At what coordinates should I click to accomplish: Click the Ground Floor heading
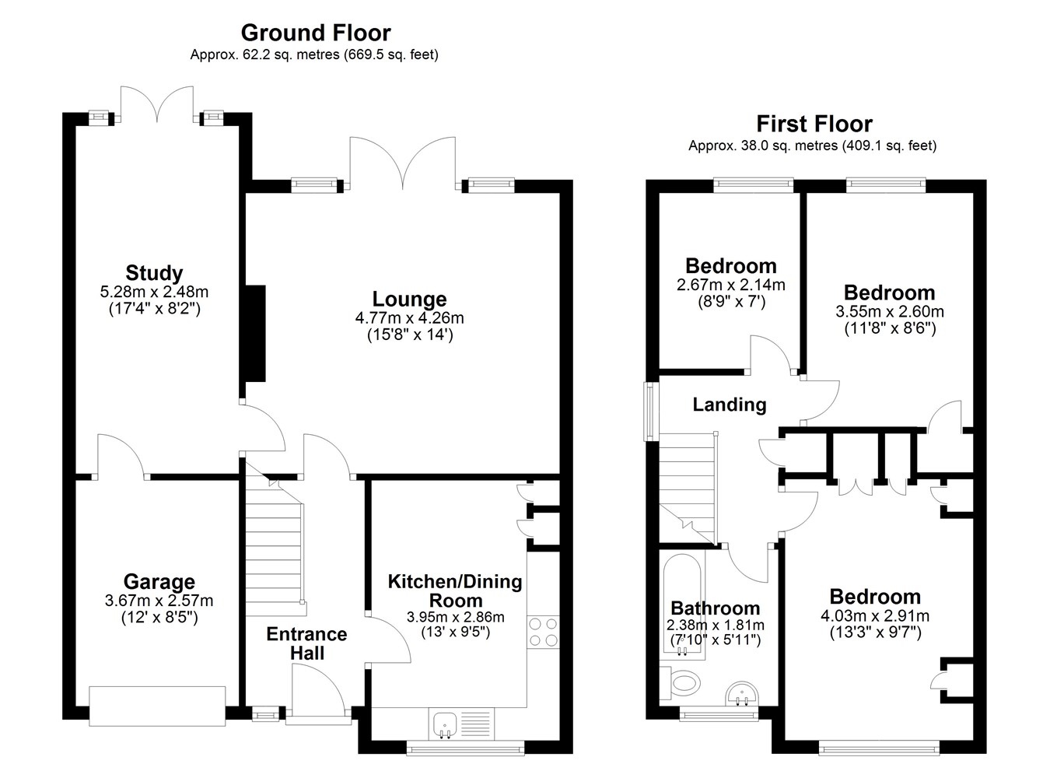[316, 33]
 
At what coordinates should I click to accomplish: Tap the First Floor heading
[814, 124]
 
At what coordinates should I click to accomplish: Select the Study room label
[154, 273]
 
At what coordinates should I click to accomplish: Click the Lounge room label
[409, 300]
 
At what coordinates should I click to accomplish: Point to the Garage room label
[159, 582]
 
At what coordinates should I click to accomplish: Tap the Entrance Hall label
[307, 643]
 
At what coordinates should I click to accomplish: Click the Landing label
[730, 405]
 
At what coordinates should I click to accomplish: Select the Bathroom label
[716, 608]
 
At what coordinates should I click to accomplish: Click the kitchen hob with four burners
[544, 632]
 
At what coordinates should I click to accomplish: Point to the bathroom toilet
[680, 683]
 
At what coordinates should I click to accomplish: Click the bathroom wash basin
[741, 695]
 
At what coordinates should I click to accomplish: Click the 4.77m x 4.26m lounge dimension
[410, 318]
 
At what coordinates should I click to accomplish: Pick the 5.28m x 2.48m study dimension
[154, 292]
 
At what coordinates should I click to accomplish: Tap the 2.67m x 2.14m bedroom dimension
[731, 285]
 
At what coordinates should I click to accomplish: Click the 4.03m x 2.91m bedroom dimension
[875, 616]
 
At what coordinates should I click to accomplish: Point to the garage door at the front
[157, 706]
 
